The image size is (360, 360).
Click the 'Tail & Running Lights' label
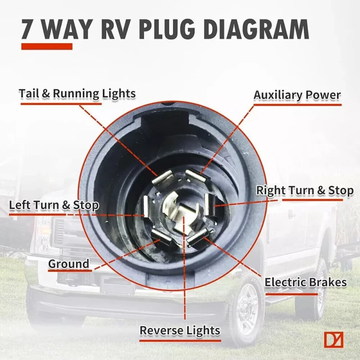[x=77, y=94]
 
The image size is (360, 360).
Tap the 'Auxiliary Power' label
[x=297, y=95]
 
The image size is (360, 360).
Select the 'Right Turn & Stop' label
[x=305, y=190]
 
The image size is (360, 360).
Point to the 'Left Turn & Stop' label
[x=54, y=205]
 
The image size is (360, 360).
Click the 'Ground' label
[x=69, y=264]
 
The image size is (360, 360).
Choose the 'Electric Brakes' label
[x=306, y=283]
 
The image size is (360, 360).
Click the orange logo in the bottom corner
[x=333, y=340]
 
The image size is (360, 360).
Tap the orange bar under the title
[x=46, y=46]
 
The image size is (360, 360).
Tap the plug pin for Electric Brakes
[x=198, y=236]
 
